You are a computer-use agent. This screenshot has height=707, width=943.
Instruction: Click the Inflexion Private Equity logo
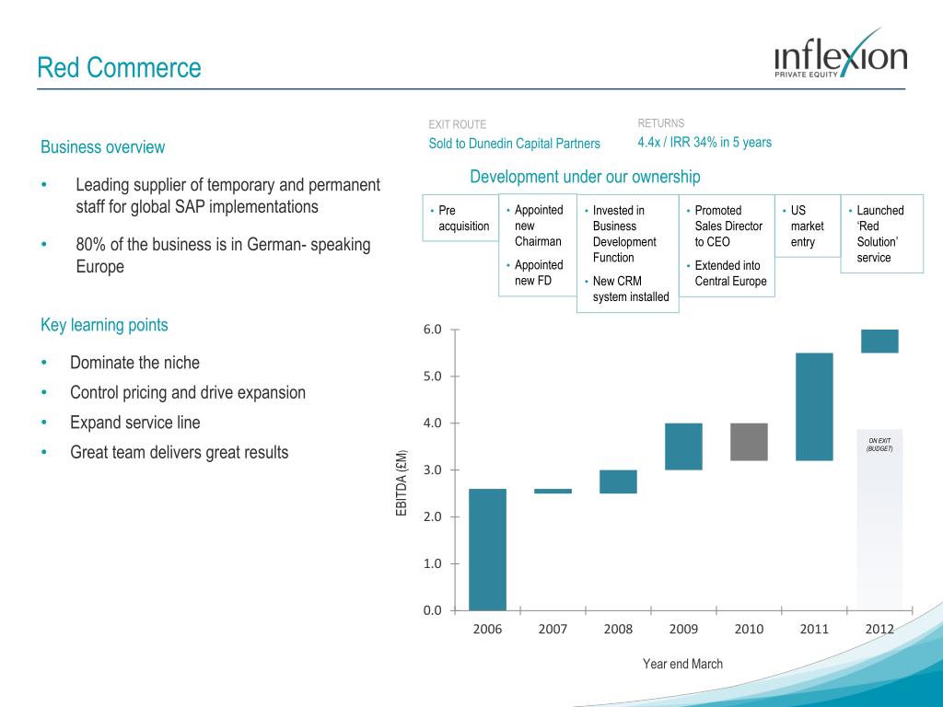pos(840,56)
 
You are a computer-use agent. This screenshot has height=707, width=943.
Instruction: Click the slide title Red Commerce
pos(119,67)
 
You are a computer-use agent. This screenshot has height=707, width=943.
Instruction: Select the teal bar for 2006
pos(487,549)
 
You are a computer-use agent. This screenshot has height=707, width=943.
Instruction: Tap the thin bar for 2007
pos(553,492)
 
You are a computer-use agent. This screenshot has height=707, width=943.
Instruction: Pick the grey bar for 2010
pos(749,442)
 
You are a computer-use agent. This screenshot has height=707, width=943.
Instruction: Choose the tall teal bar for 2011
pos(814,406)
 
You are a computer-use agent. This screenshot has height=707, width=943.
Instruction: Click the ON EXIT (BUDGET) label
pos(879,445)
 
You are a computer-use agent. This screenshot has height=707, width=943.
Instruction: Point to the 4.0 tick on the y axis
pos(432,423)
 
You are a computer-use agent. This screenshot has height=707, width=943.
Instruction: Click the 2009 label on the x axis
pos(682,630)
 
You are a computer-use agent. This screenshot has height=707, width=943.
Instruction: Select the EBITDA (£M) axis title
pos(402,483)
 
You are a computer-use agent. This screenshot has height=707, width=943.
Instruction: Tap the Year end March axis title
pos(682,664)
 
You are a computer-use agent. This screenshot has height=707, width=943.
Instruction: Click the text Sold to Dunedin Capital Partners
pos(514,144)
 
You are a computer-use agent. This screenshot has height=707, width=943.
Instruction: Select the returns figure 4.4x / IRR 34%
pos(704,143)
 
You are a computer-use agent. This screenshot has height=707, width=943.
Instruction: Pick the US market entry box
pos(808,226)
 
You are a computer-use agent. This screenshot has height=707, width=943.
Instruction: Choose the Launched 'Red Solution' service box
pos(881,234)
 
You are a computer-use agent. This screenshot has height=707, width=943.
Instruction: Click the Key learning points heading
pos(104,325)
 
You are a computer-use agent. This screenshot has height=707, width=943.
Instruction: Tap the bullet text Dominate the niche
pos(134,363)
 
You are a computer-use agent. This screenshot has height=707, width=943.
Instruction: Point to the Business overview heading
pos(103,147)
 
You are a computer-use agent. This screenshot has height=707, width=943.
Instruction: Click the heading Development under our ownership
pos(585,177)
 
